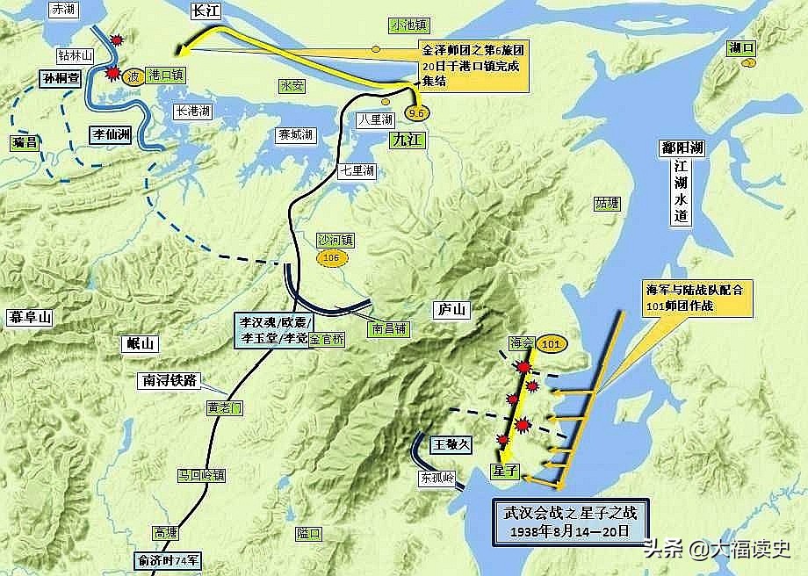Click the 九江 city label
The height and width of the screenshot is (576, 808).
(x=409, y=138)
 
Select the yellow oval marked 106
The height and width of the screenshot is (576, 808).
(x=331, y=258)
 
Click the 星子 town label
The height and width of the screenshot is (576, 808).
(x=508, y=471)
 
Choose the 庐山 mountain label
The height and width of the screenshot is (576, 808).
(x=452, y=309)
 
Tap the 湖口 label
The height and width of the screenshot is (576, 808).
(x=741, y=49)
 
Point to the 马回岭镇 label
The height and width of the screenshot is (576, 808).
(x=201, y=475)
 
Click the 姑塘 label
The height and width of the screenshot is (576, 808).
(x=606, y=204)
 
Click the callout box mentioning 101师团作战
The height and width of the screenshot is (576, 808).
(x=699, y=297)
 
